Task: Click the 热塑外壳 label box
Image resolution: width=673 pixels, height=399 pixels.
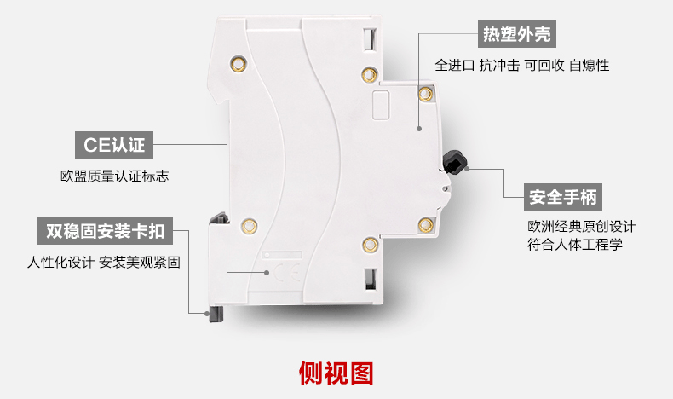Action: [x=517, y=34]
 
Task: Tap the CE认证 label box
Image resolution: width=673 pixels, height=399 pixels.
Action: [x=114, y=145]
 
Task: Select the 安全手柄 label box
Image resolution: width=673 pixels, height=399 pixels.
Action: [x=563, y=197]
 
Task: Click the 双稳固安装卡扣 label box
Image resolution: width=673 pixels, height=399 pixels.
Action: [x=105, y=231]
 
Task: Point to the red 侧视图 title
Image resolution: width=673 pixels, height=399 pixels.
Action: [x=336, y=373]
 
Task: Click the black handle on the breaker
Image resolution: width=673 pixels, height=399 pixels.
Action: [x=455, y=162]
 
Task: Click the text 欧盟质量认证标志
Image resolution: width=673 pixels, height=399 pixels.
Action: [x=115, y=176]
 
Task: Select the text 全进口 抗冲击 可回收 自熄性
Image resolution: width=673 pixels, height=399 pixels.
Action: [x=522, y=66]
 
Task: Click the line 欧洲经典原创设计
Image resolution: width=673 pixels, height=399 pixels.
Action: [x=582, y=226]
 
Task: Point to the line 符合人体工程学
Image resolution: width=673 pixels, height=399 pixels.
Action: [x=575, y=245]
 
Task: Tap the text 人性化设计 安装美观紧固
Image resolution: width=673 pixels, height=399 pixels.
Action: [x=104, y=262]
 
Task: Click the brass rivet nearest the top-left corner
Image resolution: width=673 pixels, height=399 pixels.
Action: [x=239, y=65]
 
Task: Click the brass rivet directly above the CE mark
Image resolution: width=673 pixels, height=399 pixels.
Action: [x=249, y=226]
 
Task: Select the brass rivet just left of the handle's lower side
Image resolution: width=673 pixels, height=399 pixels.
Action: [x=426, y=224]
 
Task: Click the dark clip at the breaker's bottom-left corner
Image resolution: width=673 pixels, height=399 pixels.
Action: [x=216, y=314]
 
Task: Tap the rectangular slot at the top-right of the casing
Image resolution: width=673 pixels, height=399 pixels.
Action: [x=370, y=39]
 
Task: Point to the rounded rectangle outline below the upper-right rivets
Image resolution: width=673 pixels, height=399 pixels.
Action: [x=381, y=104]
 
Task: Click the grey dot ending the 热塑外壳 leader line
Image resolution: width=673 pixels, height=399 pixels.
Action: [x=419, y=129]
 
